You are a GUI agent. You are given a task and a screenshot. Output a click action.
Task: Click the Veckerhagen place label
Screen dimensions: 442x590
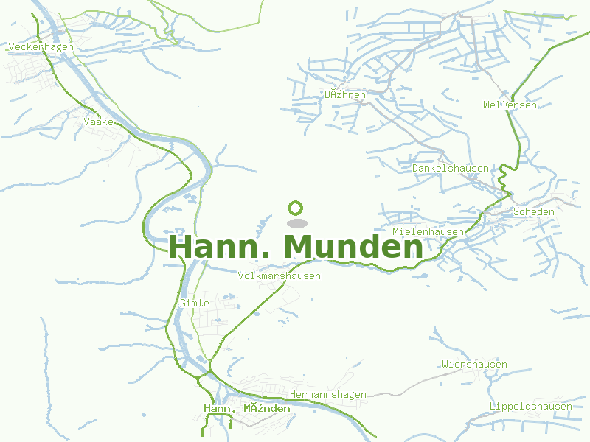(41, 47)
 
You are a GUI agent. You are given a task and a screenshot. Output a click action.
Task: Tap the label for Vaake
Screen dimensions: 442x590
(99, 122)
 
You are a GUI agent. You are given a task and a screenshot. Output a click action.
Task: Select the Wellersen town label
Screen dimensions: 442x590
(510, 105)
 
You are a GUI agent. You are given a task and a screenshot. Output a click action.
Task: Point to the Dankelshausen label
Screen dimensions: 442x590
(450, 169)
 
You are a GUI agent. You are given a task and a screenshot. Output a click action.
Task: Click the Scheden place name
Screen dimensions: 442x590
(533, 211)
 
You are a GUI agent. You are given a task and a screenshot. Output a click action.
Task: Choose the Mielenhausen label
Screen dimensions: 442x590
(428, 232)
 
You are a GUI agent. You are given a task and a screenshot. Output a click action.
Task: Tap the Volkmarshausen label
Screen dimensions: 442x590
(280, 276)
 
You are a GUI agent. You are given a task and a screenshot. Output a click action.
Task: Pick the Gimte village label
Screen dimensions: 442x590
(195, 303)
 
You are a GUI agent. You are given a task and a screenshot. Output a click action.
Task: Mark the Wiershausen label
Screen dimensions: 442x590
(474, 365)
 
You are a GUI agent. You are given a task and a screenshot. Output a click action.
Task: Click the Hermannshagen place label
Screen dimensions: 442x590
(328, 395)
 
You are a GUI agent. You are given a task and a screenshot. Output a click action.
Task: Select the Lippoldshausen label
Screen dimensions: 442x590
(530, 407)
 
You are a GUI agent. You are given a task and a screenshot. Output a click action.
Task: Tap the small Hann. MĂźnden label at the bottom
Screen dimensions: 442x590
(246, 409)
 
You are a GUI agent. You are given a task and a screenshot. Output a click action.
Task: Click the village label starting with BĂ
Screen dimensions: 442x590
(345, 95)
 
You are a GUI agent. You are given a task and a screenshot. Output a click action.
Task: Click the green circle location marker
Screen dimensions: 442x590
(296, 208)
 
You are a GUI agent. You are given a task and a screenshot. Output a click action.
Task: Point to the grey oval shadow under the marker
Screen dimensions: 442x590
(296, 222)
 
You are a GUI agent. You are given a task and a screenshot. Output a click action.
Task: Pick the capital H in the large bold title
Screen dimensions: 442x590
(182, 247)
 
